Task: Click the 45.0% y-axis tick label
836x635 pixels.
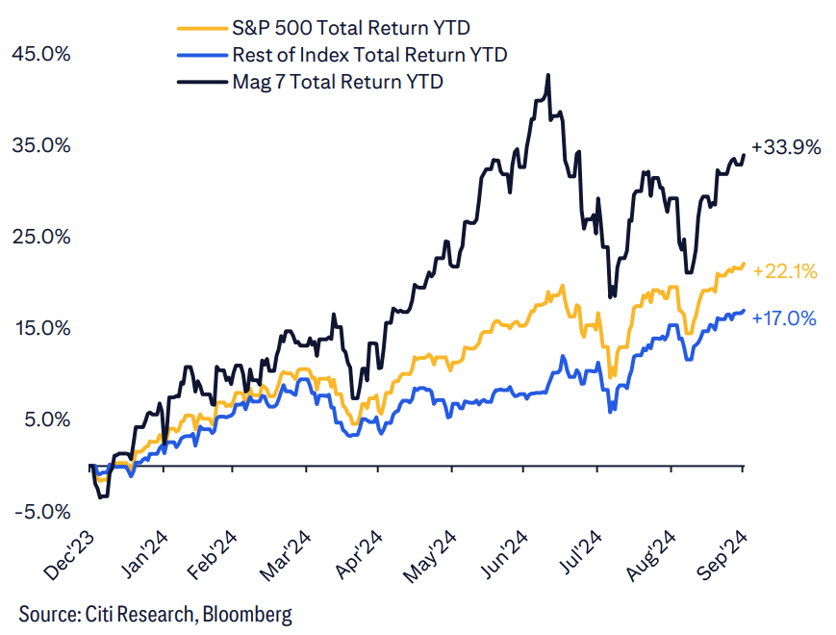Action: click(x=40, y=54)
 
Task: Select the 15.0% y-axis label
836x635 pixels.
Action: click(x=40, y=328)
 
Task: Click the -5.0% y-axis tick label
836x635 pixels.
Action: click(x=40, y=511)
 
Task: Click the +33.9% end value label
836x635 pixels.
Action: click(x=786, y=148)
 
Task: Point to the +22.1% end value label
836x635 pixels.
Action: click(x=785, y=272)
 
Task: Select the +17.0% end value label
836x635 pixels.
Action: click(x=784, y=317)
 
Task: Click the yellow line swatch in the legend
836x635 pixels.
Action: click(x=201, y=28)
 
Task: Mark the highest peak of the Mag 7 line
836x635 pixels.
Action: click(x=547, y=75)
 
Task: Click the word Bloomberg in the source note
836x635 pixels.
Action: click(x=245, y=613)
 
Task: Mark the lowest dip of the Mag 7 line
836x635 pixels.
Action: click(x=103, y=496)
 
